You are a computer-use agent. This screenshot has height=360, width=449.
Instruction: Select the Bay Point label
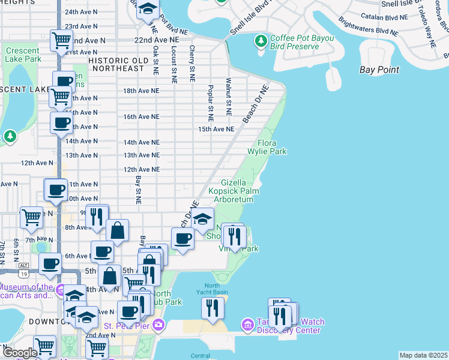click(379, 70)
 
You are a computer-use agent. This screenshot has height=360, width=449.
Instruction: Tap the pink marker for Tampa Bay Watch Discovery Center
click(247, 325)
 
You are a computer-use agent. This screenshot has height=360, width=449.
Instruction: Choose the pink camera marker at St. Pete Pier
click(158, 326)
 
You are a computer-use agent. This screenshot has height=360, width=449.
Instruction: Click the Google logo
click(19, 353)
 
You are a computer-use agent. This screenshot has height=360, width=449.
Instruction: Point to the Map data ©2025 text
click(423, 355)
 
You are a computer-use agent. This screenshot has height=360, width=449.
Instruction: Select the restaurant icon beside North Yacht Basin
click(212, 307)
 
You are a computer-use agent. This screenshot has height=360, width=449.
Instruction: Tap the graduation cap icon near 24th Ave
click(147, 10)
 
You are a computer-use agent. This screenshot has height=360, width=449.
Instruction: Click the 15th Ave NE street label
click(216, 129)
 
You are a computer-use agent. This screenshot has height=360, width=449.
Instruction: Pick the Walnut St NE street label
click(229, 96)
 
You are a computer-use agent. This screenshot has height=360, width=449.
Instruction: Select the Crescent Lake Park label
click(23, 55)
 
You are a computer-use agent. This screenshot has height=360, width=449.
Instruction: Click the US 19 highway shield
click(23, 274)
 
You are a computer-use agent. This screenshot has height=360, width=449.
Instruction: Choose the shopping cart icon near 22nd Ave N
click(61, 40)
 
